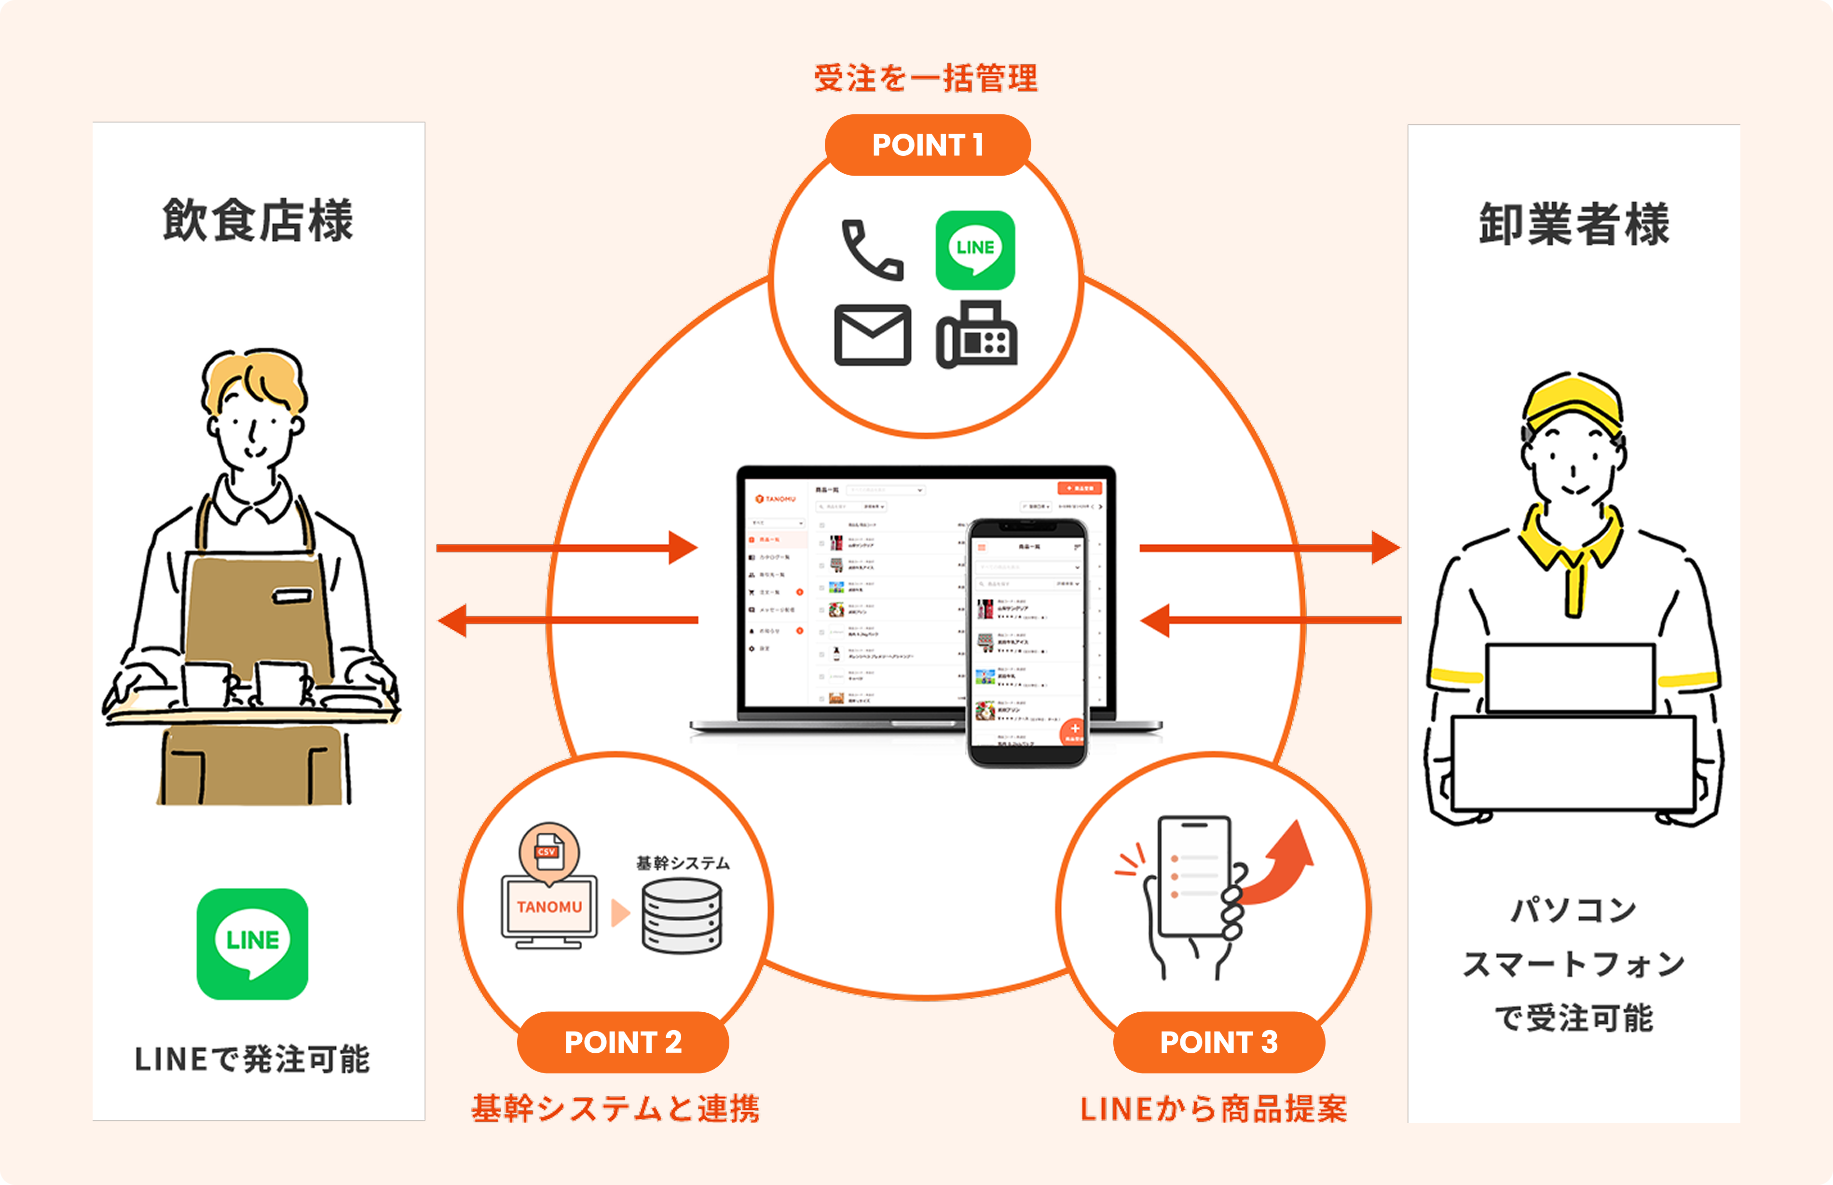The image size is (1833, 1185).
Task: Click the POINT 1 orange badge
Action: (927, 145)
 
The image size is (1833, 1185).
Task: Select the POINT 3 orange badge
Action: (1218, 1042)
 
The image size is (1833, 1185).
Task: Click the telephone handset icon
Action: (872, 250)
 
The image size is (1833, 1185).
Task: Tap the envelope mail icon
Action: (872, 335)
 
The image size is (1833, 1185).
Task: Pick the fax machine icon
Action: (976, 335)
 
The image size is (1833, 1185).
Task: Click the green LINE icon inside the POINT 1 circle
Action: (974, 250)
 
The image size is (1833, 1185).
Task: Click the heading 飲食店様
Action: (258, 221)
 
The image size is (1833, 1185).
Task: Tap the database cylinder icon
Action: (682, 916)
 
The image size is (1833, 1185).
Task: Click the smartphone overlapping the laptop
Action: (1027, 643)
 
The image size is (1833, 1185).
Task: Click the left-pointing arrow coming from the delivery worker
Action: (1269, 620)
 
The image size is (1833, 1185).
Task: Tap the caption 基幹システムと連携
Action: (616, 1109)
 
